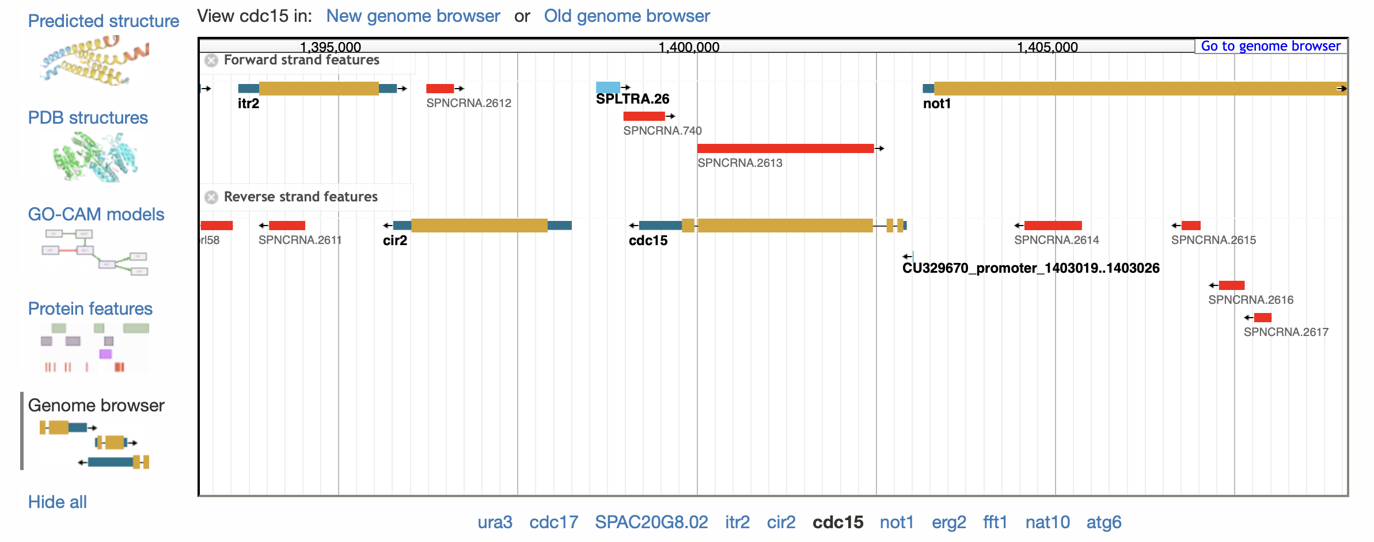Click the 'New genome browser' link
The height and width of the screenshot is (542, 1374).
[413, 16]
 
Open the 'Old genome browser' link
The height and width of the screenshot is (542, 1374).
[627, 16]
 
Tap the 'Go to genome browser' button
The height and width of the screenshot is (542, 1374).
[1270, 46]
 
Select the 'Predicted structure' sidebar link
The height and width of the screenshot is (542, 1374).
[104, 21]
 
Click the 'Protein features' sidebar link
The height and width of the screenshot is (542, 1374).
[90, 308]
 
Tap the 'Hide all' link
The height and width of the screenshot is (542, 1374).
[58, 502]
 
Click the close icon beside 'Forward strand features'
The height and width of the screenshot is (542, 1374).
[211, 60]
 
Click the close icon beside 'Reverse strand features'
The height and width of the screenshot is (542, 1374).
[211, 197]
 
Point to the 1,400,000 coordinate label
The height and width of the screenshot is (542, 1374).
[689, 47]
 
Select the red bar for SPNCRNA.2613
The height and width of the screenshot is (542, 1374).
[785, 148]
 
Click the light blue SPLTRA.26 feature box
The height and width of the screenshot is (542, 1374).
[608, 87]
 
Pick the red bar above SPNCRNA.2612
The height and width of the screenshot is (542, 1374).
[440, 89]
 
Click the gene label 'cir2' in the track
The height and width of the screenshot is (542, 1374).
[395, 241]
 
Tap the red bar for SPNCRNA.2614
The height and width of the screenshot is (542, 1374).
[1053, 226]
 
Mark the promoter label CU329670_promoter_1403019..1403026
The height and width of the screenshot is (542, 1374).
[1031, 268]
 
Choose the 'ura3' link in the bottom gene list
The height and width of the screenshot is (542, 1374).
[495, 522]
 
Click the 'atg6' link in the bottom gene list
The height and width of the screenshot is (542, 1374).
[1104, 522]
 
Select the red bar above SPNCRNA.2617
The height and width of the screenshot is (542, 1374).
[1263, 318]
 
